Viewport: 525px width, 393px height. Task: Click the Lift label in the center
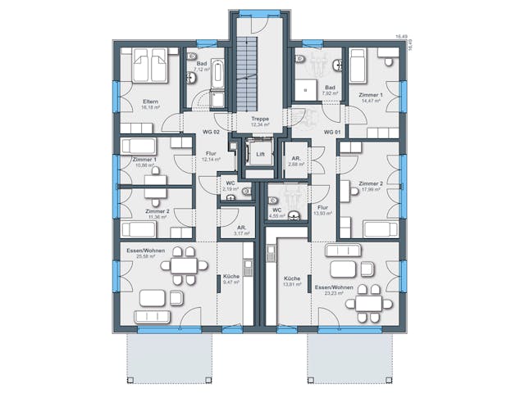coord(260,154)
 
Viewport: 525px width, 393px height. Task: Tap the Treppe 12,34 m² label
coord(260,121)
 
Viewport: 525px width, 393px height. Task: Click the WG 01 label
coord(331,131)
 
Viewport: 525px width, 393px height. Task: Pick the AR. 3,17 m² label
coord(241,230)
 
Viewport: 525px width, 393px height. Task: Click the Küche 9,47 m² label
coord(231,280)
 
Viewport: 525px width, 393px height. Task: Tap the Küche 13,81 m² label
coord(292,282)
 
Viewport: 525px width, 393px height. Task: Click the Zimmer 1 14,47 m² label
coord(371,98)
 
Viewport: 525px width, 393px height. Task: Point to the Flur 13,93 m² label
coord(322,210)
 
